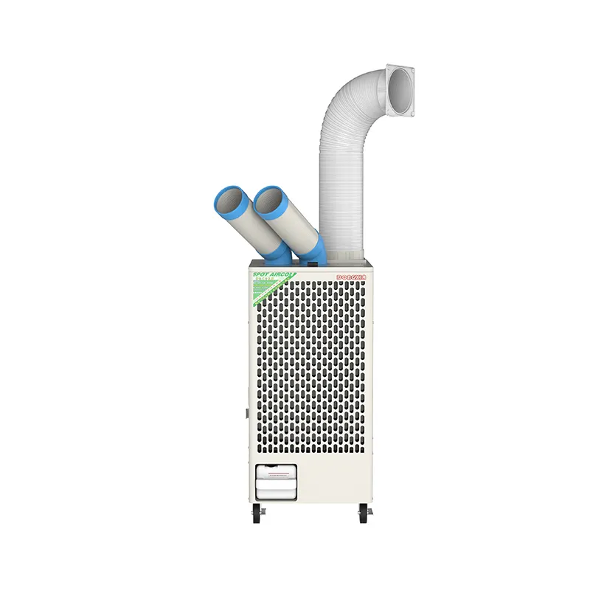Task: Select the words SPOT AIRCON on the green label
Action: click(x=271, y=274)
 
